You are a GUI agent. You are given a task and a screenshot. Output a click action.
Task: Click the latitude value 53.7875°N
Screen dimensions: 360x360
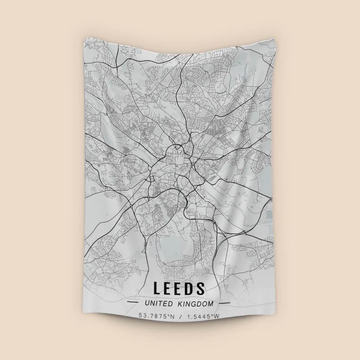coord(156,316)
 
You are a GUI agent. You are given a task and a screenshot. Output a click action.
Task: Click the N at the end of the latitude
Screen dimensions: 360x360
coord(171,316)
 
